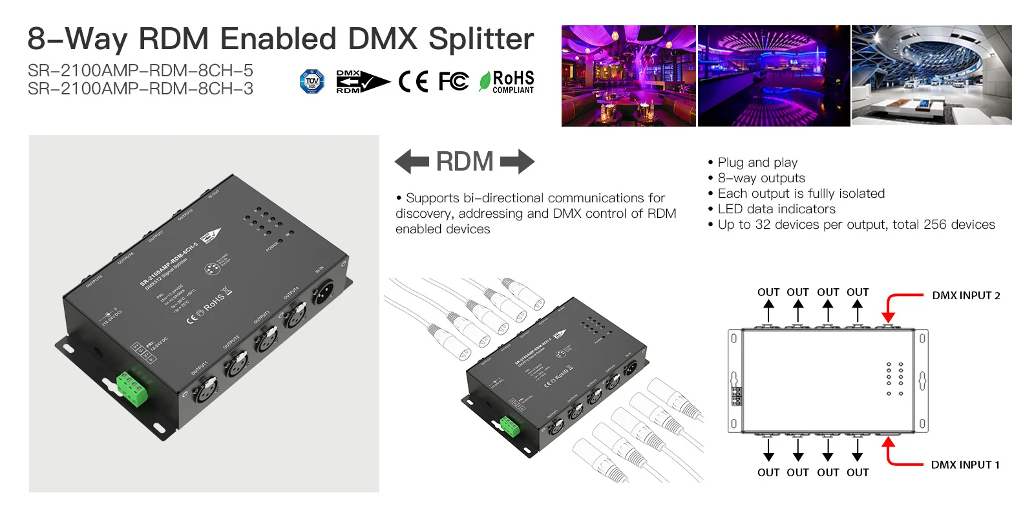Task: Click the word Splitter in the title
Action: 481,39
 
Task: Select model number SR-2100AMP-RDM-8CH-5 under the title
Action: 140,70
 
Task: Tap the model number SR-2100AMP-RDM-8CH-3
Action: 140,89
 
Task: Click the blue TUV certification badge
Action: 312,81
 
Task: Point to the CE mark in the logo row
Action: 414,81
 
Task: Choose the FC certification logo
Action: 454,81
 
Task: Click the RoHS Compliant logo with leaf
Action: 507,82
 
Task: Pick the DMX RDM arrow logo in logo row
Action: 362,81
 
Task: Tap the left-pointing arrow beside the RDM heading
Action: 412,162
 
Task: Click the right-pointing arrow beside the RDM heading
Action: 518,162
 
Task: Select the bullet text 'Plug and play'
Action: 757,163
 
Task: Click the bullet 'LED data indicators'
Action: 776,209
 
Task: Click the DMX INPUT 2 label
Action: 965,296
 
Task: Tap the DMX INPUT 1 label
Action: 965,465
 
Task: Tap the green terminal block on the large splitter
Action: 132,388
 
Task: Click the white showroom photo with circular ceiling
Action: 931,75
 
